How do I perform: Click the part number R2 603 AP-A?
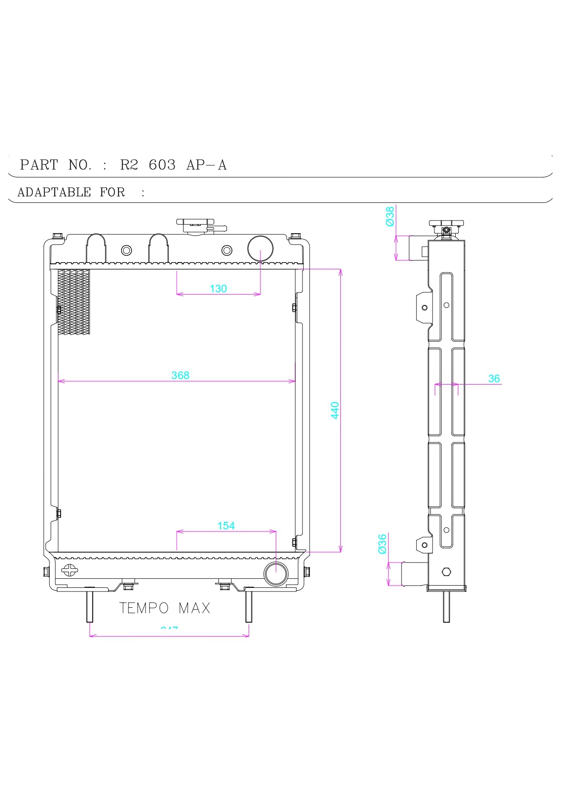click(173, 165)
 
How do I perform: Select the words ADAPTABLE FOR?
click(71, 192)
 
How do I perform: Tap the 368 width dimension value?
click(180, 375)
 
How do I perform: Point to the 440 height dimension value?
click(335, 410)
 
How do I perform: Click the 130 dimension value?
click(218, 289)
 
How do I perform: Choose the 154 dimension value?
click(226, 526)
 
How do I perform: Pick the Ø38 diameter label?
click(390, 216)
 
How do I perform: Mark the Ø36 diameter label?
click(382, 544)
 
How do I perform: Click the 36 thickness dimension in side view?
click(494, 379)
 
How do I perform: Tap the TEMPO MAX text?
click(165, 608)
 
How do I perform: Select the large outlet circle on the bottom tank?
click(276, 574)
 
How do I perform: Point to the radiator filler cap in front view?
click(195, 225)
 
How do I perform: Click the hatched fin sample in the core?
click(74, 302)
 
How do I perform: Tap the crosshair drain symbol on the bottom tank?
click(69, 570)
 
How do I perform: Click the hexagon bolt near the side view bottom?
click(446, 572)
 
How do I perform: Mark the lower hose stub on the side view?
click(414, 574)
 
